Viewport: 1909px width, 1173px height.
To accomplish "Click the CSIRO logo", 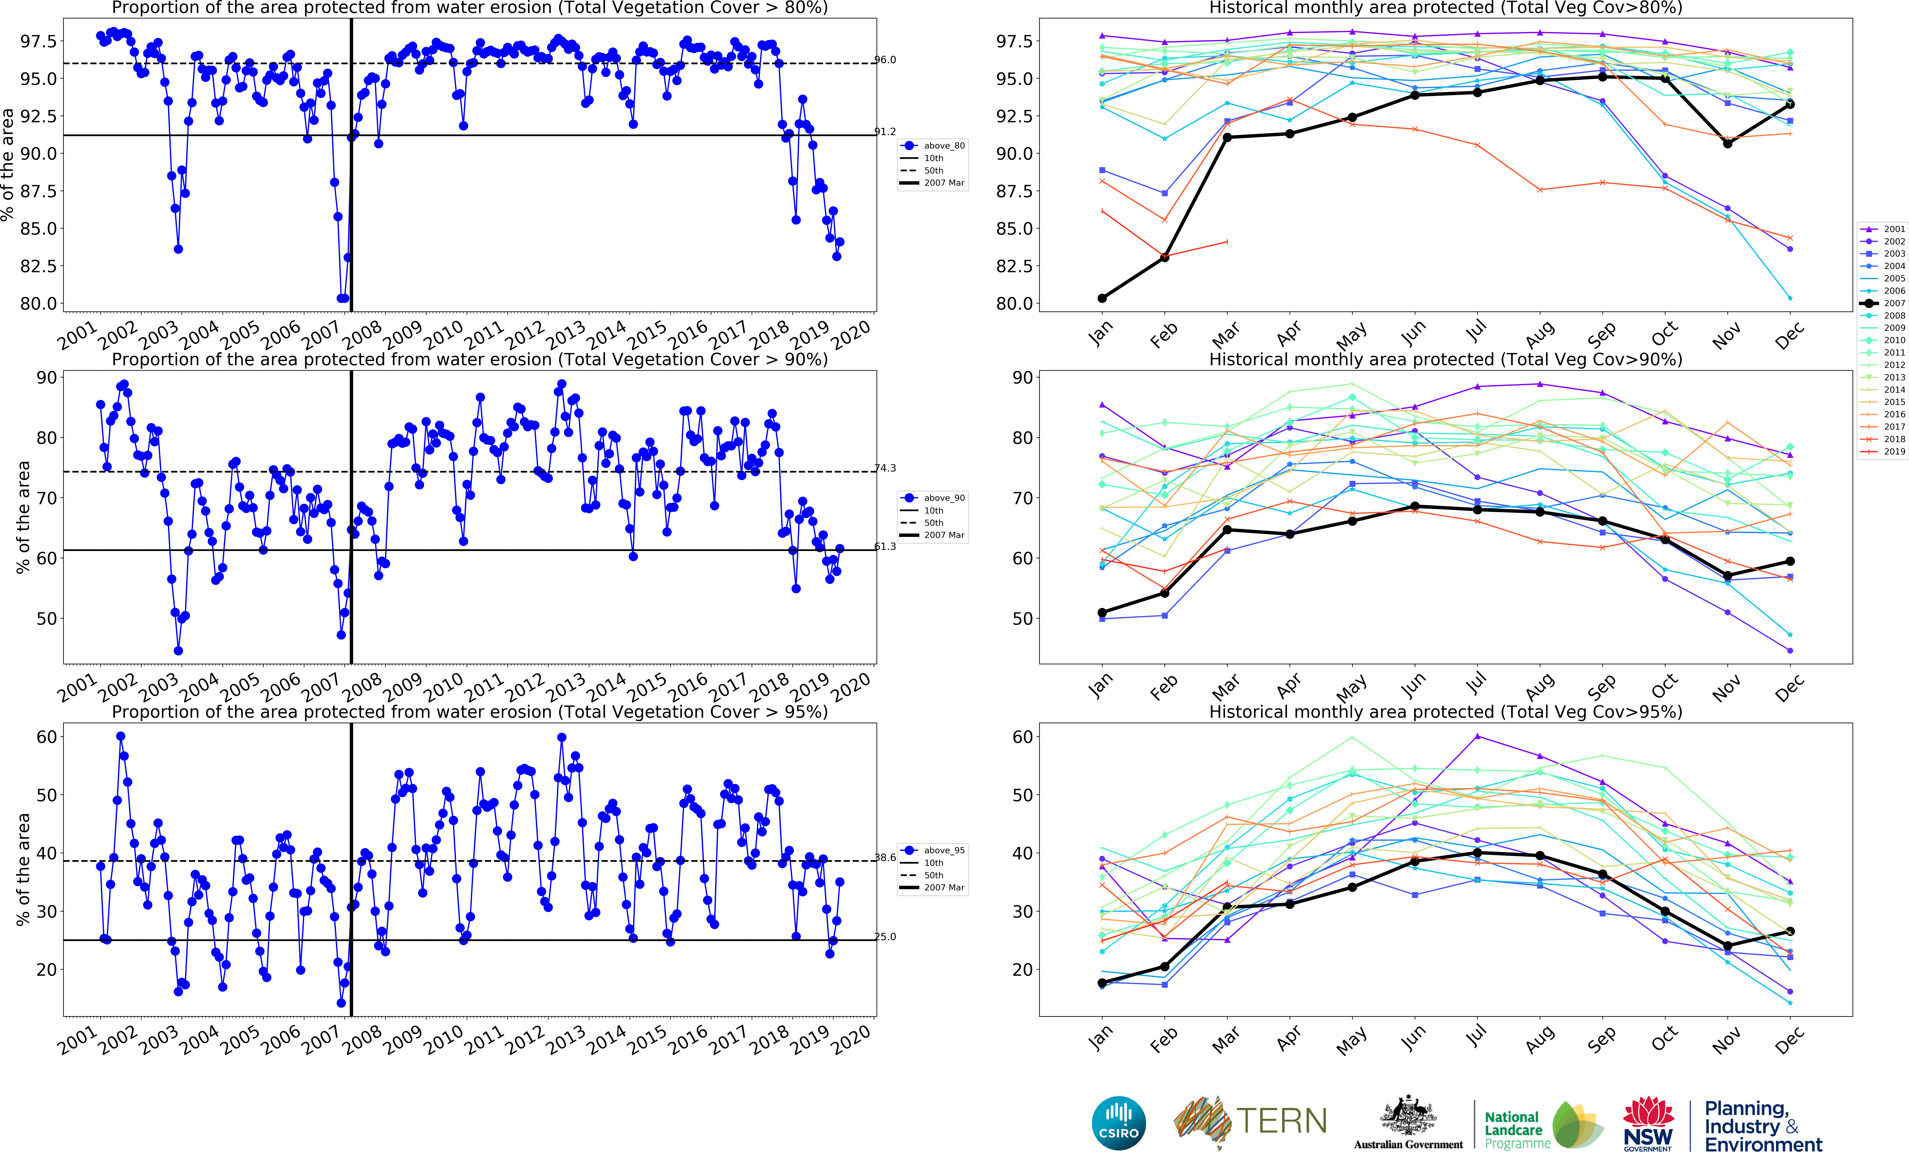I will click(1118, 1123).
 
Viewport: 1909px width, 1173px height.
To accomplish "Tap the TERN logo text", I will click(1281, 1121).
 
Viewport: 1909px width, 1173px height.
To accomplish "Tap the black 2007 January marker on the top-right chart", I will click(1102, 298).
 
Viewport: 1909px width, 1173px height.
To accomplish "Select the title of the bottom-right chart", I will click(1445, 711).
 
